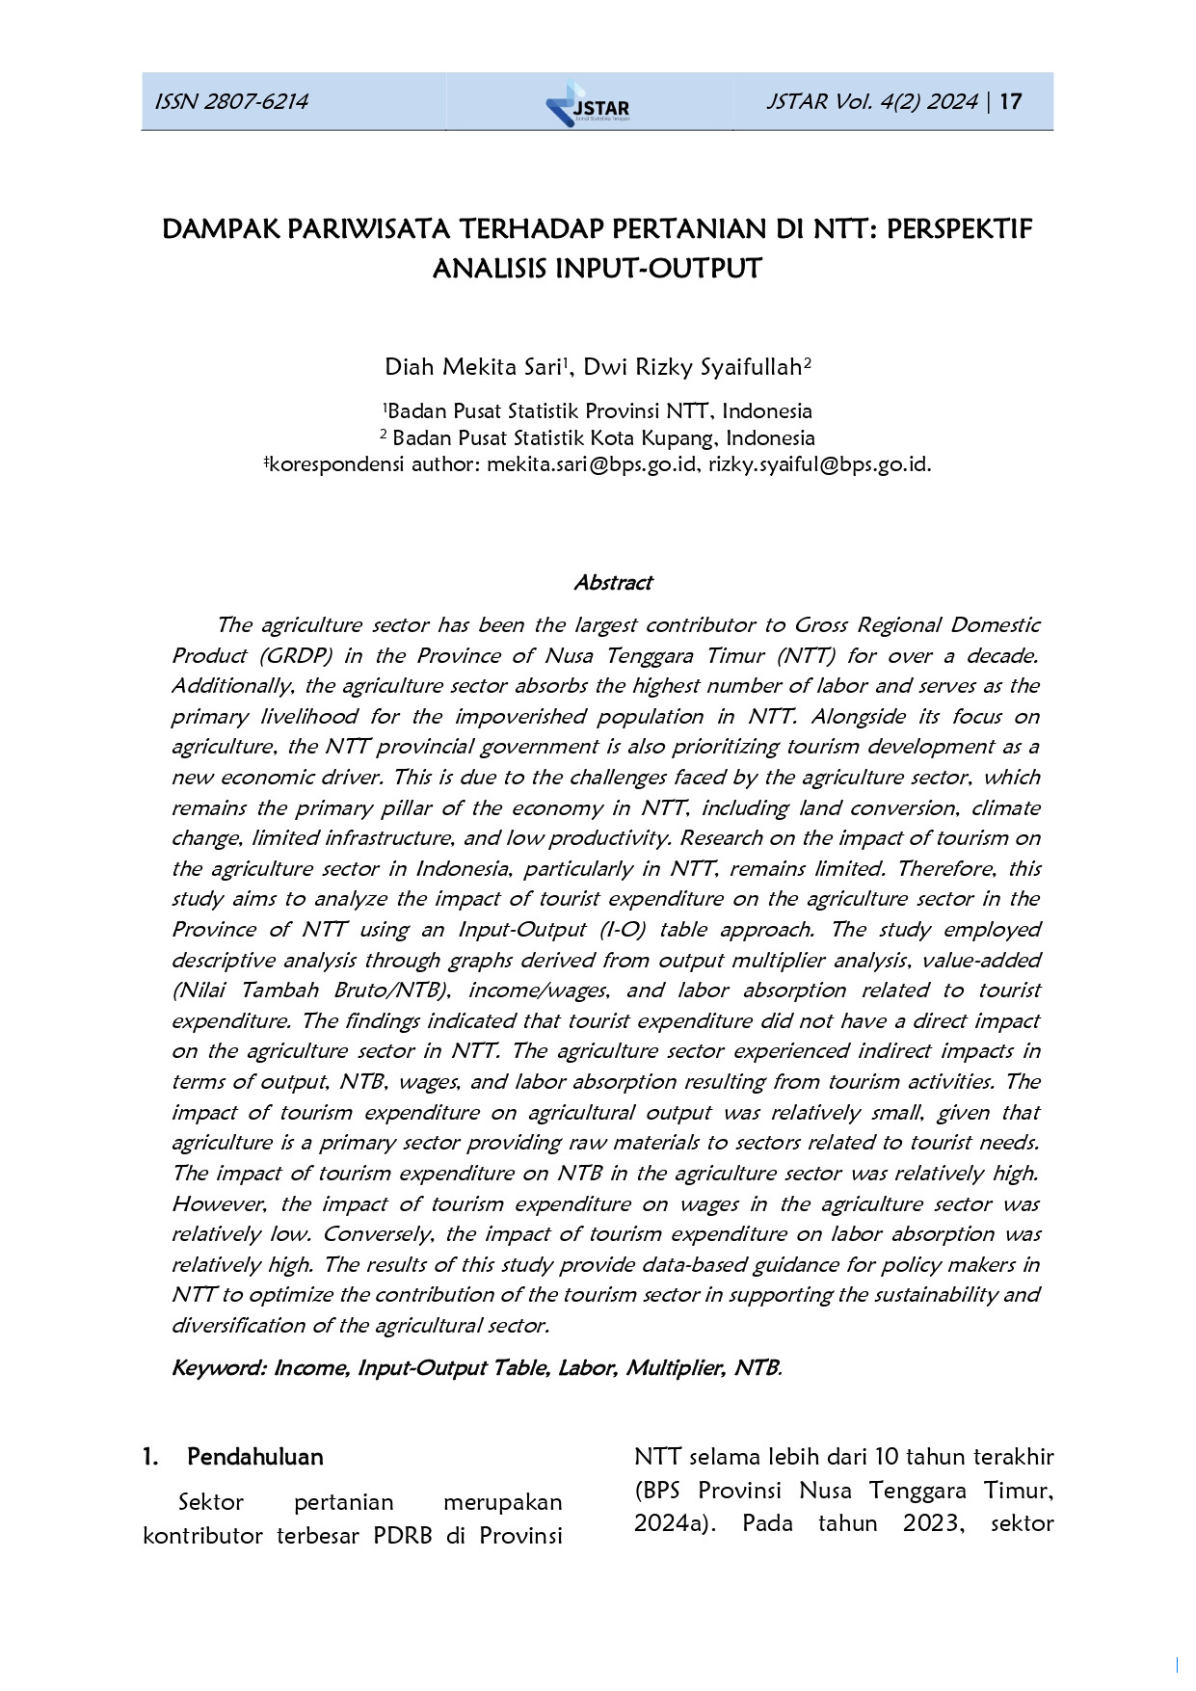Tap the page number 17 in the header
click(x=1011, y=101)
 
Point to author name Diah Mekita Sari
click(x=472, y=367)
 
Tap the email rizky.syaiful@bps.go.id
click(x=818, y=464)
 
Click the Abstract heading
click(x=613, y=582)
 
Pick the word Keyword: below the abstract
click(x=219, y=1368)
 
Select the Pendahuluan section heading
click(x=254, y=1456)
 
